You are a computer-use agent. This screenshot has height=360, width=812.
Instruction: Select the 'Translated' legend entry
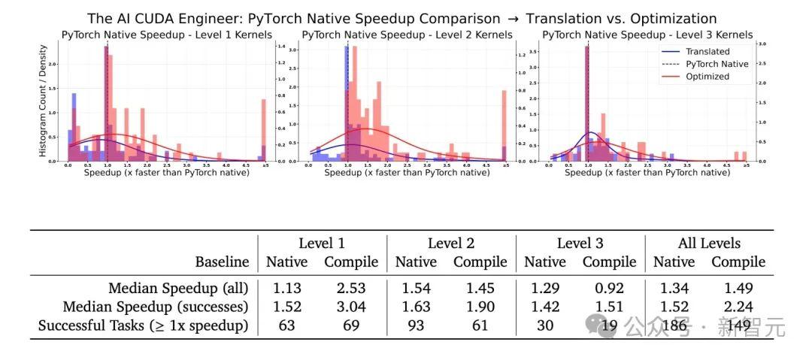pos(707,51)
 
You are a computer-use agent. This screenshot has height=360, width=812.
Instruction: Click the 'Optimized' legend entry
pos(707,76)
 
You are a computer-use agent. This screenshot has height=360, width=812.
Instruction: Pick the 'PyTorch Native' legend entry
pos(717,64)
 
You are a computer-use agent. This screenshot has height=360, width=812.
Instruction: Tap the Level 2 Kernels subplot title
pos(407,35)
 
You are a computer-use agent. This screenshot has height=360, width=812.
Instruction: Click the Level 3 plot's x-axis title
pos(647,172)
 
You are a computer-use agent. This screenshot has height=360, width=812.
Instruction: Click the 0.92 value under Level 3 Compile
pos(609,287)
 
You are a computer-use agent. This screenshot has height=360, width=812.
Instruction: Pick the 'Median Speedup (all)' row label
pos(178,287)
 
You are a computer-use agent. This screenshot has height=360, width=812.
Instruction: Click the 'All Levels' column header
pos(708,243)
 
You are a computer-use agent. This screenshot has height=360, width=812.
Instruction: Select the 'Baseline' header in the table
pos(222,262)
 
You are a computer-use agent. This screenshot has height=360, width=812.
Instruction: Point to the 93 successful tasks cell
pos(416,326)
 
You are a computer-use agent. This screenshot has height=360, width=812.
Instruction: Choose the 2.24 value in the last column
pos(738,307)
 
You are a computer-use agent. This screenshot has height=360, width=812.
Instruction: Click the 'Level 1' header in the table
pos(322,243)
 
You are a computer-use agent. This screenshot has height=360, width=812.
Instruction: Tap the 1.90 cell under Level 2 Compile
pos(479,307)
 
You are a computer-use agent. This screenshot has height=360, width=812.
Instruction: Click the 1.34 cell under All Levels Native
pos(674,287)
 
